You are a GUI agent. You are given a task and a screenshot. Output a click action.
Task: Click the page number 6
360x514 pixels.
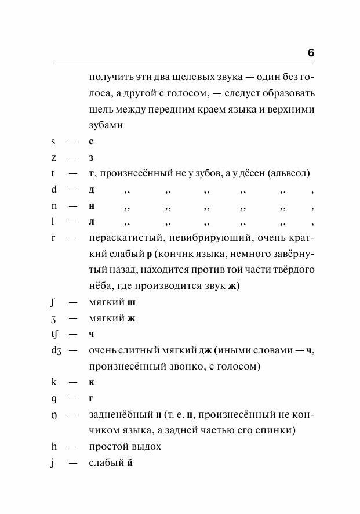[x=311, y=53]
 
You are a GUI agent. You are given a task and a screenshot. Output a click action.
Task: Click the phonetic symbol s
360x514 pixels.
[x=53, y=142]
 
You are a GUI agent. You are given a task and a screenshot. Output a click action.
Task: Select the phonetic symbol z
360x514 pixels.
[x=53, y=158]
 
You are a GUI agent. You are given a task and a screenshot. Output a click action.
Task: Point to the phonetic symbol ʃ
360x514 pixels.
[x=53, y=302]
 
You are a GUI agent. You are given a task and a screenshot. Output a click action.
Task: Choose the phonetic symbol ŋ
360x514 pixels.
[x=53, y=415]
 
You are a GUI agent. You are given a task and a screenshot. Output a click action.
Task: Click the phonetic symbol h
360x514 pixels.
[x=53, y=447]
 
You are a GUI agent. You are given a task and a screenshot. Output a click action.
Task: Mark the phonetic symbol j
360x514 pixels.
[x=53, y=463]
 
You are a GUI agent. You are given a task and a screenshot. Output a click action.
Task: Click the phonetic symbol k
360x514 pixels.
[x=53, y=382]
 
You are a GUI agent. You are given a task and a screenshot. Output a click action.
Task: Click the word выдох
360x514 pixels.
[x=146, y=447]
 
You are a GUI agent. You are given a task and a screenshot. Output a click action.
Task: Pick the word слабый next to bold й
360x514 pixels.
[x=106, y=463]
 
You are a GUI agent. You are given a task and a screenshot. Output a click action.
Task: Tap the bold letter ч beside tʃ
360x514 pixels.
[x=92, y=334]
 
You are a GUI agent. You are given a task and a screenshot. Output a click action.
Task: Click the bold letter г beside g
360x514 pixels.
[x=92, y=399]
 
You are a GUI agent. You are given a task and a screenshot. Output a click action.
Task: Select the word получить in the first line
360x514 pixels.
[x=108, y=77]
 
